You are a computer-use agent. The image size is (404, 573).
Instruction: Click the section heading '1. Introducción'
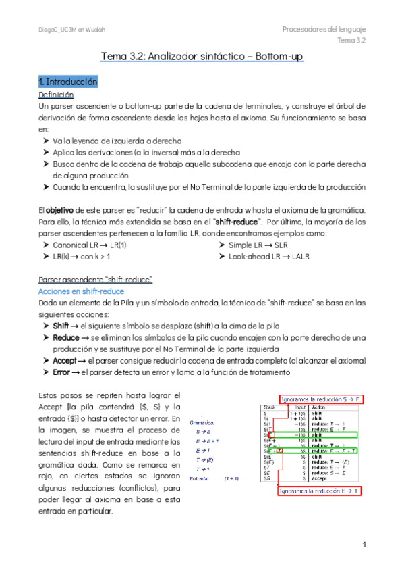[68, 82]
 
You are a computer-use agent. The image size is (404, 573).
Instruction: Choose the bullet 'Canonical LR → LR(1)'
[90, 245]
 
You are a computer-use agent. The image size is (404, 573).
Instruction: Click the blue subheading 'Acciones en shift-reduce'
[78, 291]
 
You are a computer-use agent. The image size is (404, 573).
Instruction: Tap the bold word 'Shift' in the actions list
[61, 325]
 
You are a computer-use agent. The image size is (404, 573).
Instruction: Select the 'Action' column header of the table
[319, 407]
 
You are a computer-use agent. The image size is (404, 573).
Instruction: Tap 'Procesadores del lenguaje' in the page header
[324, 30]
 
